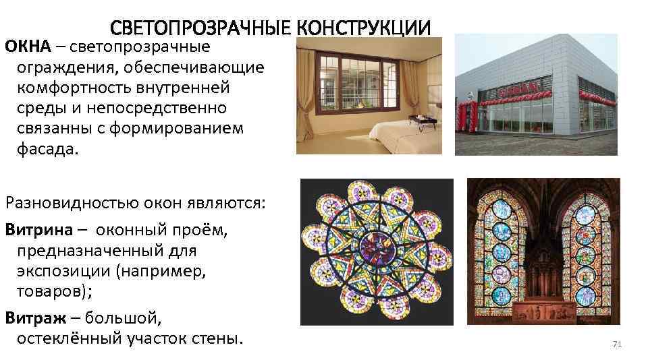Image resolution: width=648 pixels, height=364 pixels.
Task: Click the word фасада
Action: tap(49, 148)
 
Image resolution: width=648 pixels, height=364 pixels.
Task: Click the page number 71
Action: tap(616, 344)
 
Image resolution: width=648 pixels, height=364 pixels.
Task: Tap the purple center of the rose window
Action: tap(375, 244)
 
